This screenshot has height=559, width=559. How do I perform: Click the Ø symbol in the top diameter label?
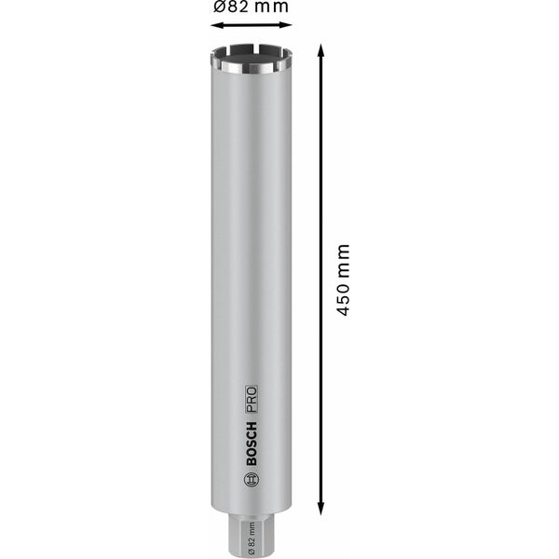pos(216,7)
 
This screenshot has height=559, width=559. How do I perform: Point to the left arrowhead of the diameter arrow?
pos(212,26)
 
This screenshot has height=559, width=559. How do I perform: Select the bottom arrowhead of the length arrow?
pos(322,511)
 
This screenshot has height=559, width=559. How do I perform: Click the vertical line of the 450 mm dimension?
pos(322,168)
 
